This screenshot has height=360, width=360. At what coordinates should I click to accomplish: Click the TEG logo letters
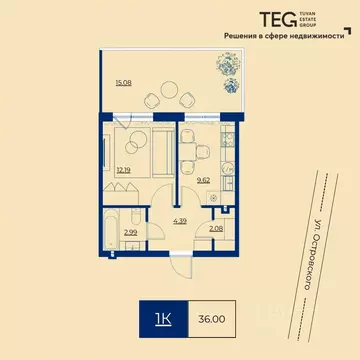point(270,19)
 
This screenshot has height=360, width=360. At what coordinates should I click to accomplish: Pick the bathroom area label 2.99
point(130,232)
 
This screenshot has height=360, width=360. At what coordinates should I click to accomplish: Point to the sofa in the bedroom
point(161,150)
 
